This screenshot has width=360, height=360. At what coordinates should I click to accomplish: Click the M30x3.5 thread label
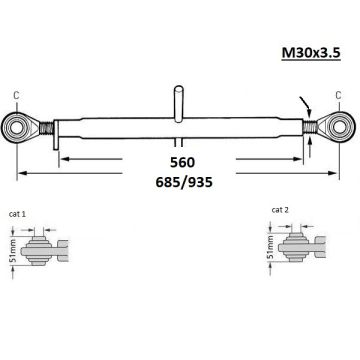pyautogui.click(x=311, y=52)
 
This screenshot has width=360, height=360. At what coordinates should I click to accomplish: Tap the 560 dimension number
pyautogui.click(x=182, y=163)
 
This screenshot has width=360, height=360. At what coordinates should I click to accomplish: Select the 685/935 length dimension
pyautogui.click(x=184, y=183)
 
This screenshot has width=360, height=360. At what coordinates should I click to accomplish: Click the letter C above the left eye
pyautogui.click(x=16, y=96)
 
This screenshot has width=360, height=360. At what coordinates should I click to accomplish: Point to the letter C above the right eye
pyautogui.click(x=338, y=96)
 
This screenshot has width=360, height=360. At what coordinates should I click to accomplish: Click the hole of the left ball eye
pyautogui.click(x=15, y=128)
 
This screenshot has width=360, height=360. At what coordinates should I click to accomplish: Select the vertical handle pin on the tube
pyautogui.click(x=178, y=103)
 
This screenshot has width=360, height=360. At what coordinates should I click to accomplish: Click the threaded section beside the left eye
pyautogui.click(x=46, y=128)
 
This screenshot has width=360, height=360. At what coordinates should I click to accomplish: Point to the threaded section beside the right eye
pyautogui.click(x=310, y=128)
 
